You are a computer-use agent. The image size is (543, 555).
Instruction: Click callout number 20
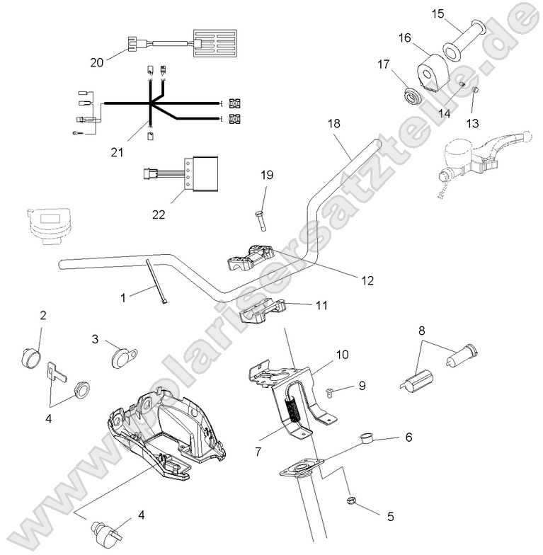pyautogui.click(x=97, y=62)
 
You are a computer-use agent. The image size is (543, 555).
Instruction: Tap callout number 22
pyautogui.click(x=159, y=214)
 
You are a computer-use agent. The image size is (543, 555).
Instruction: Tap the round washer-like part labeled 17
pyautogui.click(x=410, y=94)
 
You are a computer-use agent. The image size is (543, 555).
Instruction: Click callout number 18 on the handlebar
pyautogui.click(x=334, y=123)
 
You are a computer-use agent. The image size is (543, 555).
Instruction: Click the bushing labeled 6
pyautogui.click(x=367, y=437)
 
